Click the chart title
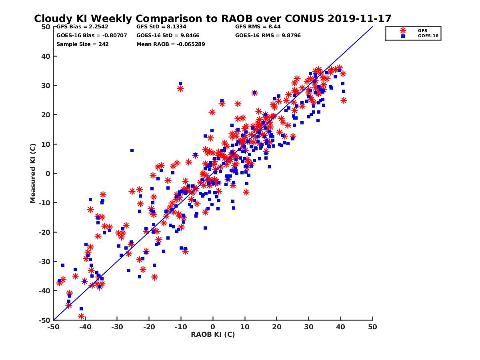212,19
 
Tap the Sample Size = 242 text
82,44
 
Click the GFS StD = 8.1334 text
161,27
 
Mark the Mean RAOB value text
171,44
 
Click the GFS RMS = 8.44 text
258,27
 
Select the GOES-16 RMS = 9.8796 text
268,36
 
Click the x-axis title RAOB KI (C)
213,334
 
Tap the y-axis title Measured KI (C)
33,173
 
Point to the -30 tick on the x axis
117,327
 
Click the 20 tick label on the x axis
277,327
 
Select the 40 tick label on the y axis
45,56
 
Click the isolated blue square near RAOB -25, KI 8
132,150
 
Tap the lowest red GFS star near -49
81,316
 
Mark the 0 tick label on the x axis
213,327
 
